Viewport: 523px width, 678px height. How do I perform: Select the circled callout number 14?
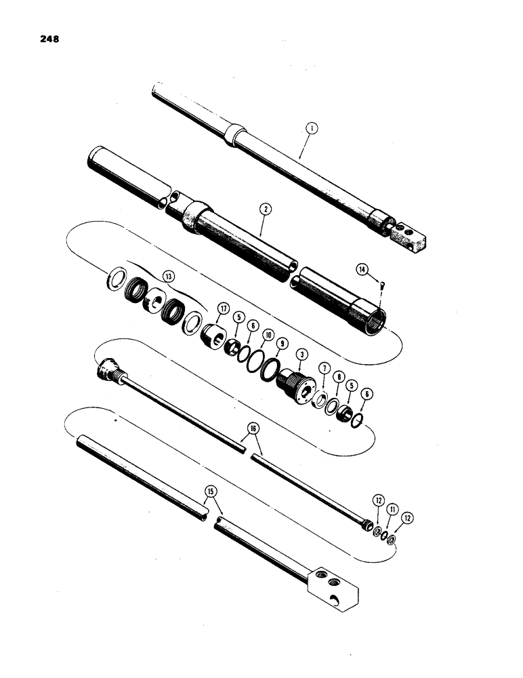point(364,271)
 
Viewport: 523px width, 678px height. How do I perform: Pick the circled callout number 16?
point(253,429)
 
